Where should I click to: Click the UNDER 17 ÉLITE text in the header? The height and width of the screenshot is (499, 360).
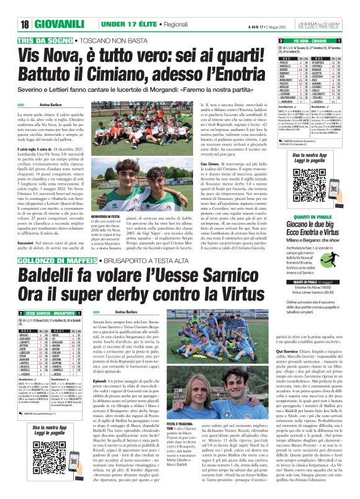(124, 24)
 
